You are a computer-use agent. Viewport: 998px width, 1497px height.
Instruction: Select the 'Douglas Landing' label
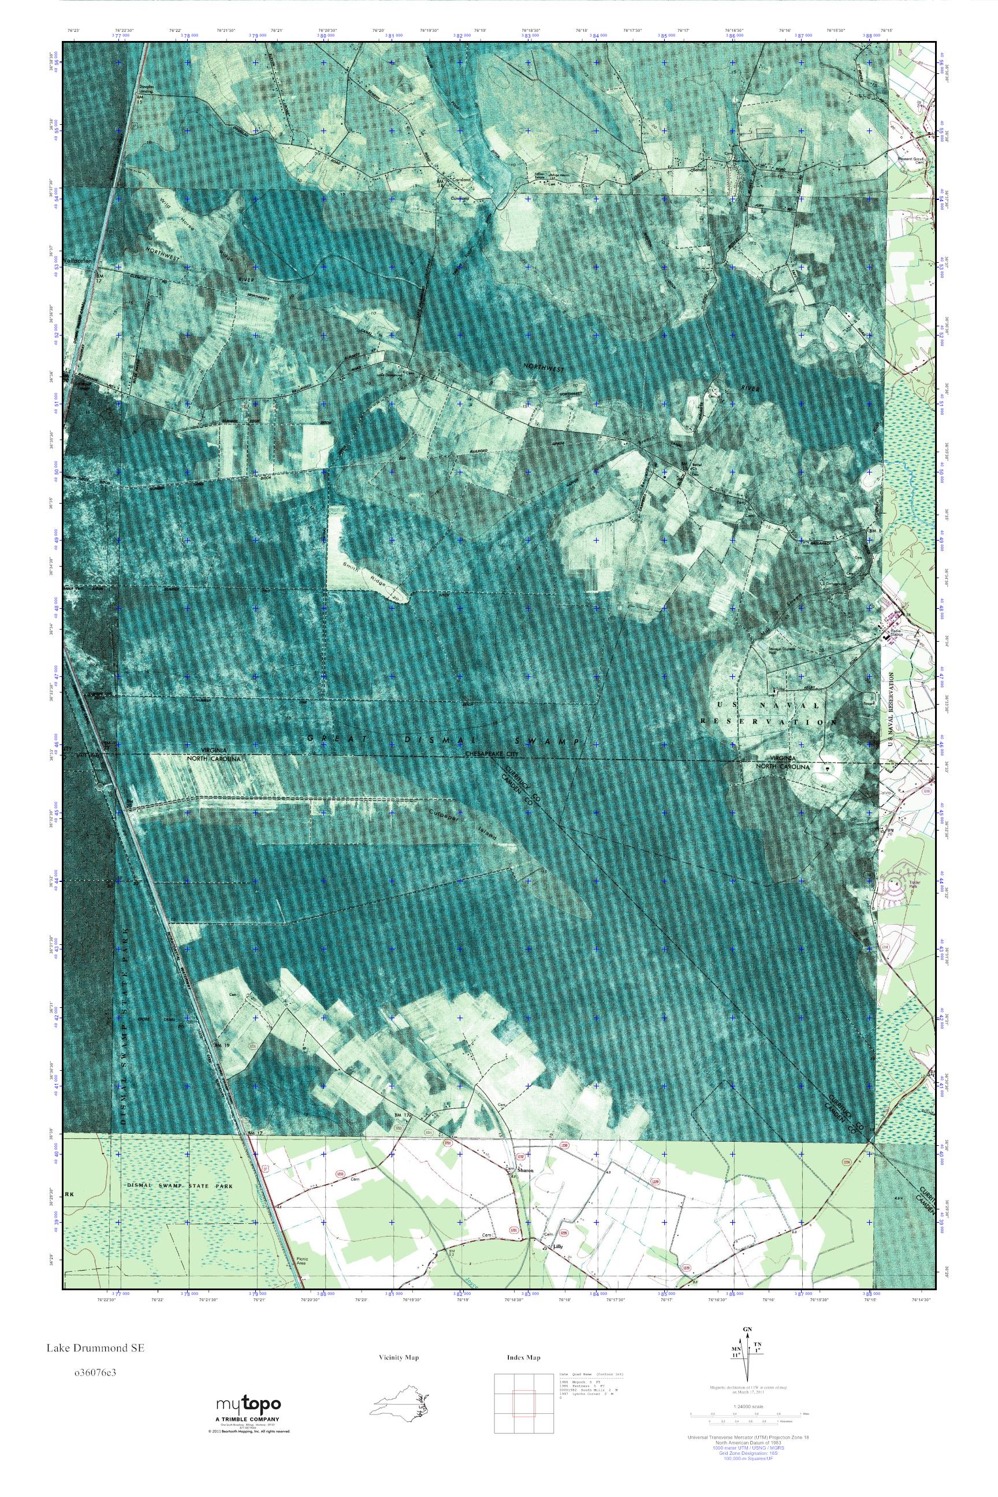148,90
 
